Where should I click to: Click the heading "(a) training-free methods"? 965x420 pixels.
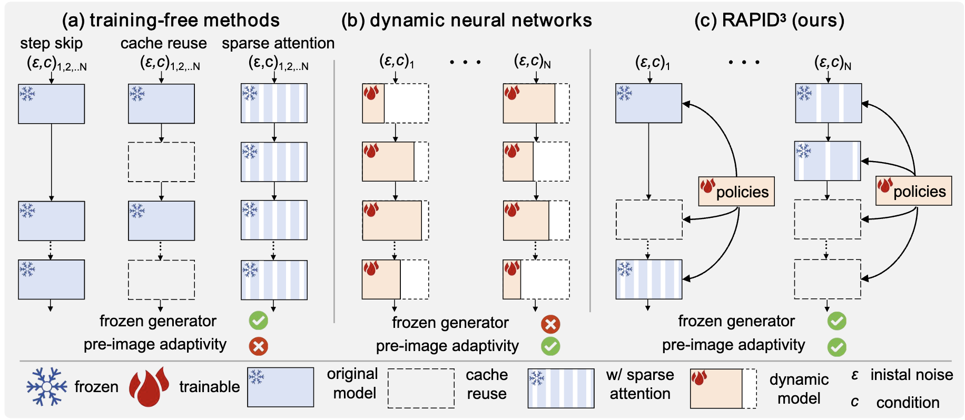(x=171, y=20)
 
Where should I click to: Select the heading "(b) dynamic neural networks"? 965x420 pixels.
(x=466, y=20)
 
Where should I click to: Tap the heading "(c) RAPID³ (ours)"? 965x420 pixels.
(x=769, y=20)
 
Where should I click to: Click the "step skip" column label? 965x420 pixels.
(x=51, y=43)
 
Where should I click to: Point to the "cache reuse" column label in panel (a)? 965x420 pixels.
(x=163, y=43)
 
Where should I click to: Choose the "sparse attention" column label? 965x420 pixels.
(x=278, y=43)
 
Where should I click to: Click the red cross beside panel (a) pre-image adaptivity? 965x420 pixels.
(x=258, y=346)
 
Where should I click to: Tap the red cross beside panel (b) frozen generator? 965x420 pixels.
(x=550, y=324)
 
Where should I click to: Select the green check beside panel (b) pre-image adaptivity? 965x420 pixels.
(x=550, y=346)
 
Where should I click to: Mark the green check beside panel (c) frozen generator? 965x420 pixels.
(x=836, y=321)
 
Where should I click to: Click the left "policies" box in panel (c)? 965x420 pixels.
(x=736, y=191)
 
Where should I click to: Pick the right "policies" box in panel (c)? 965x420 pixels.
(x=913, y=191)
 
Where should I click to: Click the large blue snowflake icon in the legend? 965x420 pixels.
(x=46, y=387)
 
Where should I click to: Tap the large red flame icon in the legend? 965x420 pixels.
(x=149, y=387)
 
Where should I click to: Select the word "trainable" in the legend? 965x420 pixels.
(x=209, y=387)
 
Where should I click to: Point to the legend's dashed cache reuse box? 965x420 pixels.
(x=421, y=388)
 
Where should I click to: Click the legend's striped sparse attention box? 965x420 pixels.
(x=561, y=388)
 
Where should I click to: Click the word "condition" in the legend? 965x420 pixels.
(x=908, y=403)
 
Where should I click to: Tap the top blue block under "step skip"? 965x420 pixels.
(x=51, y=104)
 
